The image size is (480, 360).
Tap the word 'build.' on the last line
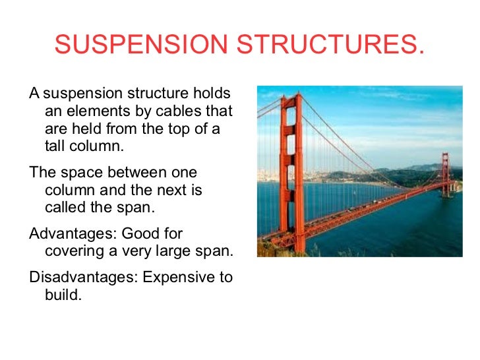63,295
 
